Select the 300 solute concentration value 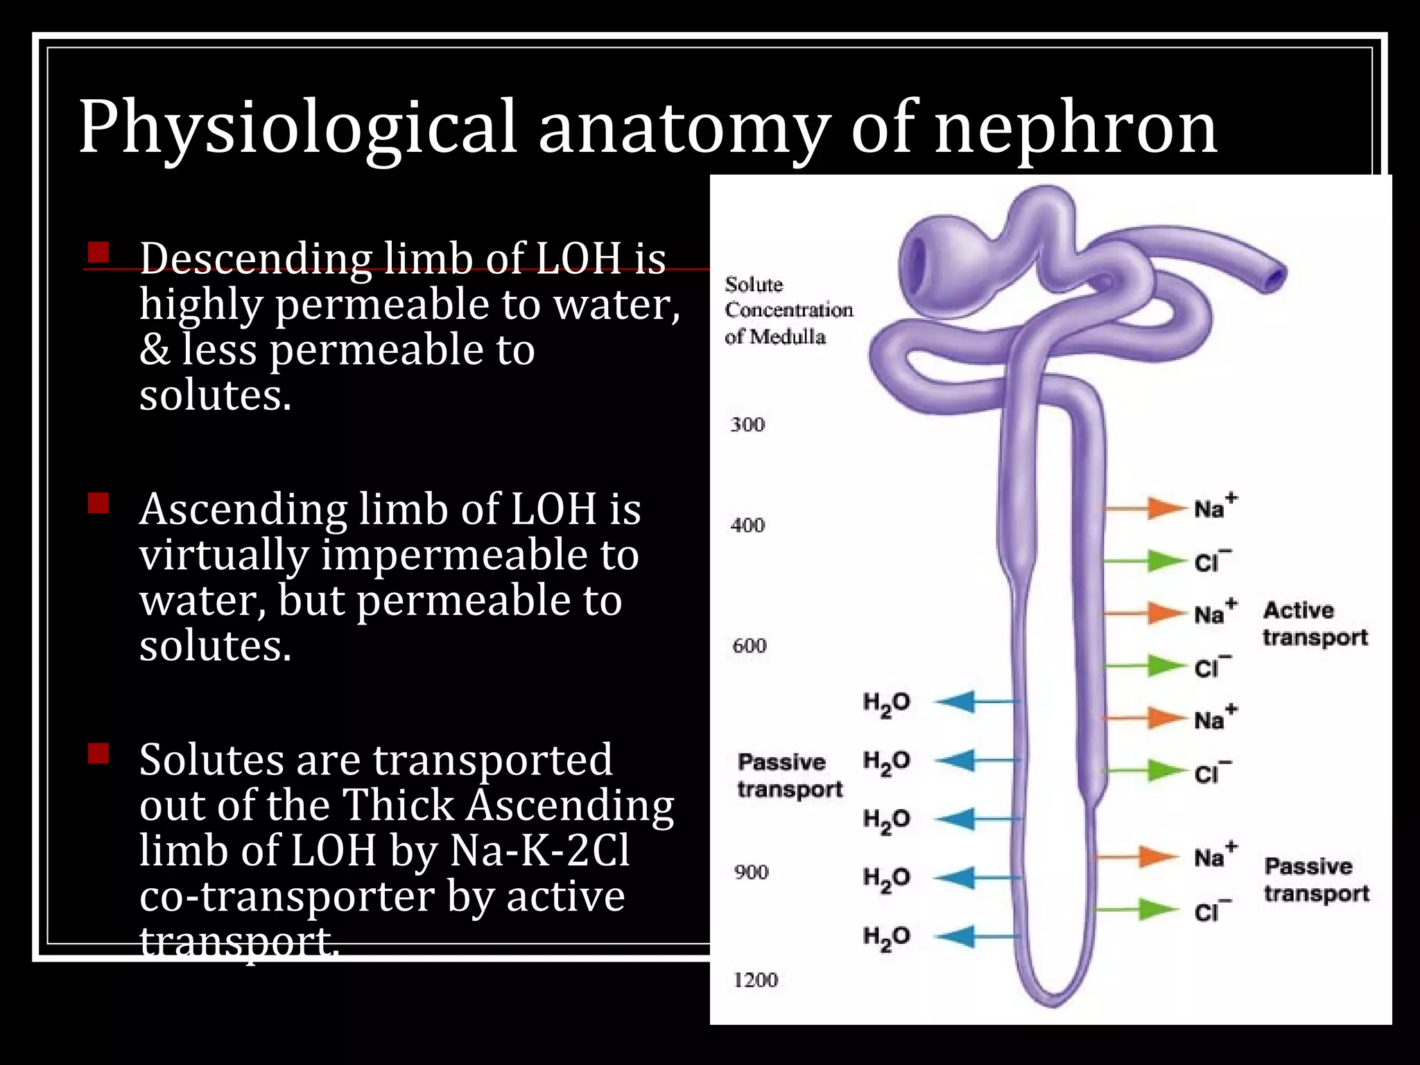click(747, 424)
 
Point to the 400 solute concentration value click(747, 525)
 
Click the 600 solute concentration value click(750, 646)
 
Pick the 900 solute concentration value click(752, 872)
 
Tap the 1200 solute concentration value click(756, 980)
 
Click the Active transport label click(1315, 623)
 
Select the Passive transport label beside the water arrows click(789, 775)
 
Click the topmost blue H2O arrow click(974, 702)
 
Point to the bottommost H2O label click(885, 937)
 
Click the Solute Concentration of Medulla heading click(788, 310)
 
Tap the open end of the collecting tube click(1274, 278)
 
